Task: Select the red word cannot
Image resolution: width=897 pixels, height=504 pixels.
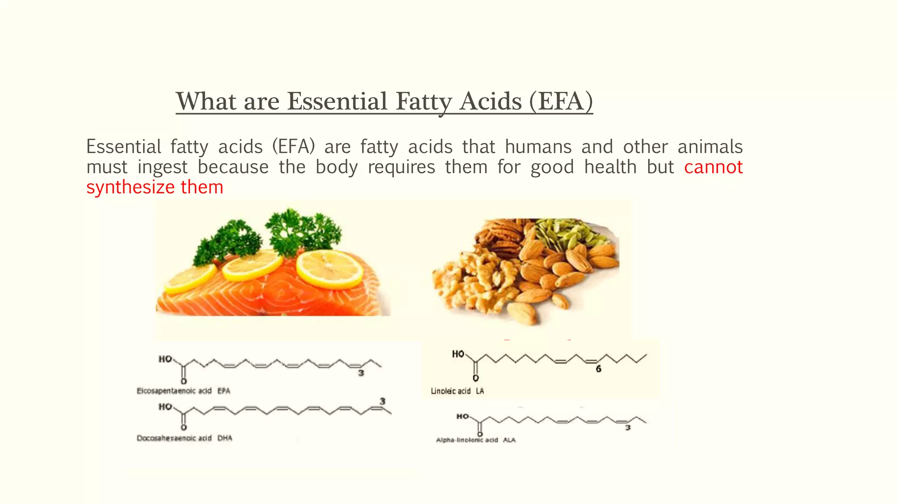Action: point(713,167)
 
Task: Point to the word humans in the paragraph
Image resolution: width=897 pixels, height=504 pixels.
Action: point(538,147)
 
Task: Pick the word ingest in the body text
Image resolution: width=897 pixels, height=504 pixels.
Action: point(162,167)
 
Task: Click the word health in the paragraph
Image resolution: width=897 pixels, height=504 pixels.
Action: point(610,167)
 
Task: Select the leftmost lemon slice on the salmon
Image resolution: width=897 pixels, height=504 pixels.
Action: point(191,279)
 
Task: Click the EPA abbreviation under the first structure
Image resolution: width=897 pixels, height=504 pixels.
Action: point(224,391)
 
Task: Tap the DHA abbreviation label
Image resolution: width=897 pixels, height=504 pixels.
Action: point(225,438)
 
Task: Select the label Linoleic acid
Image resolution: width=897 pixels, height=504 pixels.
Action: point(451,391)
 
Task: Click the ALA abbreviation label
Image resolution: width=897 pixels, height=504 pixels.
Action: point(509,440)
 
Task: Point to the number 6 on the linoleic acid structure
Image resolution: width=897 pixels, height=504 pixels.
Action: point(598,369)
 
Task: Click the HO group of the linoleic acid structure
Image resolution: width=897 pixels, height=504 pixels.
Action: point(458,353)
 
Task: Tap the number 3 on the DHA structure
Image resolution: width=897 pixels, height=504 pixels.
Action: point(382,401)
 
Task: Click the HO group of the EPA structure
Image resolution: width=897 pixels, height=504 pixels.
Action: point(165,359)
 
